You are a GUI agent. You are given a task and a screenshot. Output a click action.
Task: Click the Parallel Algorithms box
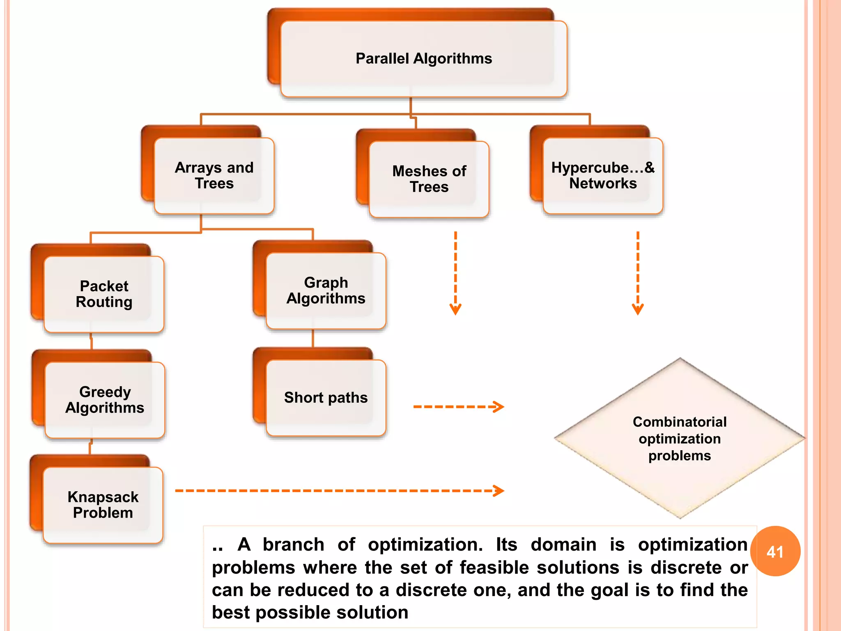pyautogui.click(x=423, y=59)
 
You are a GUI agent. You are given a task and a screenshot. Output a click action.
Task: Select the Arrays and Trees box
pyautogui.click(x=214, y=175)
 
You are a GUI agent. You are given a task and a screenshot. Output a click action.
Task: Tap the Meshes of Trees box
pyautogui.click(x=429, y=179)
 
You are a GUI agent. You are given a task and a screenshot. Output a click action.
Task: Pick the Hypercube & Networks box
pyautogui.click(x=602, y=175)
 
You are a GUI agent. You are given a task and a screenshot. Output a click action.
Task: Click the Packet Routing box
pyautogui.click(x=104, y=294)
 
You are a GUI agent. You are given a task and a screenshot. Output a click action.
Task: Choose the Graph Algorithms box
pyautogui.click(x=326, y=290)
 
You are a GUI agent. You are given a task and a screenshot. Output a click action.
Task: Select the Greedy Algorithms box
pyautogui.click(x=105, y=400)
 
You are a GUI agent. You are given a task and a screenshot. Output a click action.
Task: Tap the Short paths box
pyautogui.click(x=326, y=398)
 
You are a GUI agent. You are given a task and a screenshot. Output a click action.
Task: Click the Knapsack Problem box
pyautogui.click(x=103, y=505)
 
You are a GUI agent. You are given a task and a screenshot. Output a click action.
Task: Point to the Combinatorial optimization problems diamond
pyautogui.click(x=680, y=439)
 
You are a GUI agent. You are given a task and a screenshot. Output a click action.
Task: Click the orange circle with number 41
pyautogui.click(x=775, y=551)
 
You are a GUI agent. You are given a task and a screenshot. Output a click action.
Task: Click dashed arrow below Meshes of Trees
pyautogui.click(x=455, y=273)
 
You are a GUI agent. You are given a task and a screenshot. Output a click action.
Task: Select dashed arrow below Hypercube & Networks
pyautogui.click(x=638, y=273)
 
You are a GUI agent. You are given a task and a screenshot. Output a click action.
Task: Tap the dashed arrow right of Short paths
pyautogui.click(x=458, y=407)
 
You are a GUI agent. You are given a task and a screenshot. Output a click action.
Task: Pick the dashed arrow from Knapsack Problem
pyautogui.click(x=339, y=491)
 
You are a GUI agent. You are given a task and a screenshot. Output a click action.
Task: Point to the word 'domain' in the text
pyautogui.click(x=563, y=545)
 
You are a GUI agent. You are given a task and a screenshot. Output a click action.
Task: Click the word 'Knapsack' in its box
pyautogui.click(x=103, y=497)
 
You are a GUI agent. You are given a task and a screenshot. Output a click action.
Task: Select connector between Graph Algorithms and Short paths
pyautogui.click(x=313, y=339)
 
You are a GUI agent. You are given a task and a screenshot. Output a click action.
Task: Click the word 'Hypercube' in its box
pyautogui.click(x=590, y=168)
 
